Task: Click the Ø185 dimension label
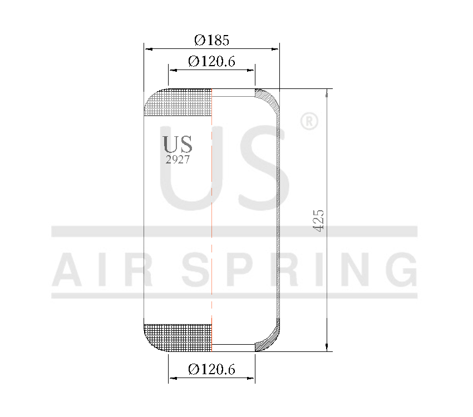point(211,40)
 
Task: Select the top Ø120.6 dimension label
point(211,61)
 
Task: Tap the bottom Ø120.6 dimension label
point(211,369)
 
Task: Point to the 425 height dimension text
point(319,221)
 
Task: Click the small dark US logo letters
point(178,145)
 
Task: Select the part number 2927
point(178,160)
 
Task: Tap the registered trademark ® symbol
point(309,121)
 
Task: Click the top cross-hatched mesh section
point(179,103)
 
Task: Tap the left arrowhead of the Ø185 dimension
point(148,49)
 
